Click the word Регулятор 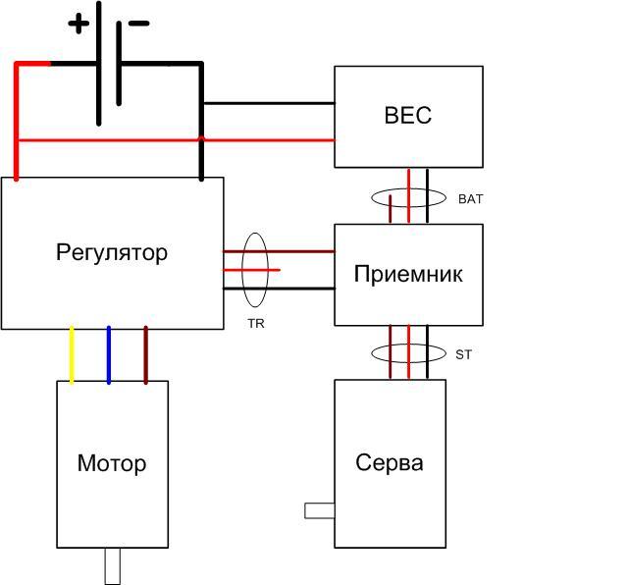pos(112,252)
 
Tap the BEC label pos(407,116)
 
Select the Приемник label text pos(407,274)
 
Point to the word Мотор pos(112,462)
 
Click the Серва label pos(390,462)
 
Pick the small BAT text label pos(471,198)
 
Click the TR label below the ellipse pos(256,322)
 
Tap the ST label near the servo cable pos(464,354)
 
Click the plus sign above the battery pos(78,24)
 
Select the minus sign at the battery pos(138,23)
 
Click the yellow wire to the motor pos(72,353)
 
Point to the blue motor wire pos(109,353)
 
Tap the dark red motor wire pos(146,353)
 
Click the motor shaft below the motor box pos(112,565)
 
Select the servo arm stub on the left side pos(319,510)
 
